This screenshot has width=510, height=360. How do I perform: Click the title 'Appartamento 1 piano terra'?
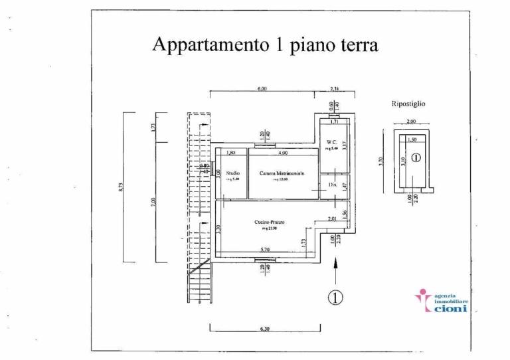[x=266, y=45]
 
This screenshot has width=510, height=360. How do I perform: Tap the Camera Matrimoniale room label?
[x=282, y=173]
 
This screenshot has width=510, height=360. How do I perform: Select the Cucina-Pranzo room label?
[x=270, y=223]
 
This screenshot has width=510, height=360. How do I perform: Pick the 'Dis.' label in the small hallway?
[x=332, y=184]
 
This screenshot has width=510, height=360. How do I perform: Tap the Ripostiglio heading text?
[x=409, y=104]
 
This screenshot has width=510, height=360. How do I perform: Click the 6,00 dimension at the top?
[x=262, y=88]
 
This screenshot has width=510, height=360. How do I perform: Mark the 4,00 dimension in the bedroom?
[x=284, y=153]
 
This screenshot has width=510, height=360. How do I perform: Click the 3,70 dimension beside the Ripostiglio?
[x=381, y=161]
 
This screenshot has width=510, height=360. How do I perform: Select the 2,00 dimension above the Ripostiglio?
[x=411, y=122]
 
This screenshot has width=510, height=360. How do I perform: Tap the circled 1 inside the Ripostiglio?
[x=416, y=158]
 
